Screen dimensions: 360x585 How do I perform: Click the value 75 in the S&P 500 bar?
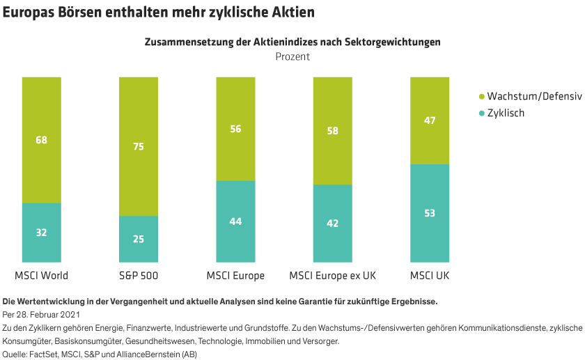(x=139, y=146)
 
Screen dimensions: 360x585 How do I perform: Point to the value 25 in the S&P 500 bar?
(x=139, y=239)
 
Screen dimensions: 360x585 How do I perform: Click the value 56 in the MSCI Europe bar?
(x=235, y=129)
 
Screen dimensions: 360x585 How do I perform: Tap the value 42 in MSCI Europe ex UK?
(x=332, y=224)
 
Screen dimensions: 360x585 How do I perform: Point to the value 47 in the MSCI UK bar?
(x=430, y=120)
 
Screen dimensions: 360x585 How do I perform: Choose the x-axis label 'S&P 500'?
(x=139, y=276)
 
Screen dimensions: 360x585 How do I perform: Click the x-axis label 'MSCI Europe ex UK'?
(x=332, y=276)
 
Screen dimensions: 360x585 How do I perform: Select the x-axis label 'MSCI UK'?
(x=430, y=276)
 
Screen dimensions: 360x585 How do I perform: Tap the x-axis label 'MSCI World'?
(x=41, y=276)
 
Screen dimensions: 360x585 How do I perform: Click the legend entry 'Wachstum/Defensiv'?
(x=534, y=96)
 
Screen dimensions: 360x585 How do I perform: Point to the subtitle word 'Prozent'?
(x=292, y=57)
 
